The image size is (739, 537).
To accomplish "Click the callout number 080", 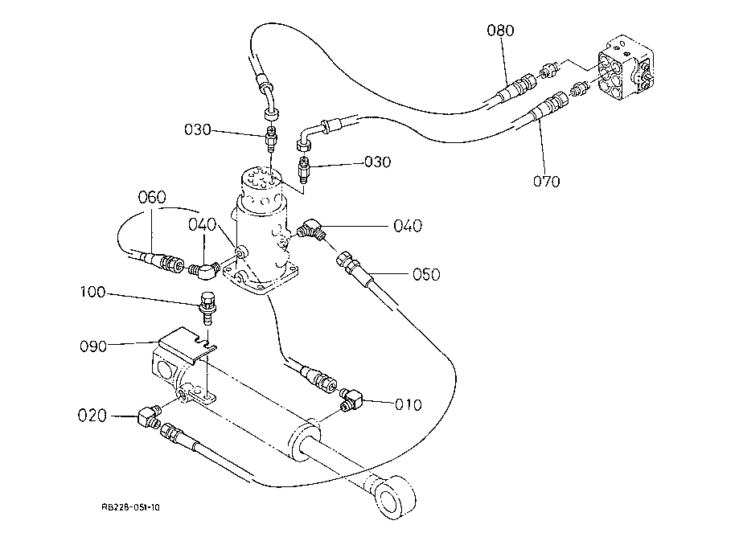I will [499, 31].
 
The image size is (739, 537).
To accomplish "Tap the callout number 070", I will [546, 181].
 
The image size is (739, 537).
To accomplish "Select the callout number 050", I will [426, 275].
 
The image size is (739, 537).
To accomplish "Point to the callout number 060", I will [151, 197].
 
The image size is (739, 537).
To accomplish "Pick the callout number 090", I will [92, 347].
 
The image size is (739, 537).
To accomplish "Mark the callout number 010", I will [408, 404].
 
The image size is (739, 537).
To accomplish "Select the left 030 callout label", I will [197, 129].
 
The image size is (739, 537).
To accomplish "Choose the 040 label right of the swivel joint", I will [409, 227].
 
